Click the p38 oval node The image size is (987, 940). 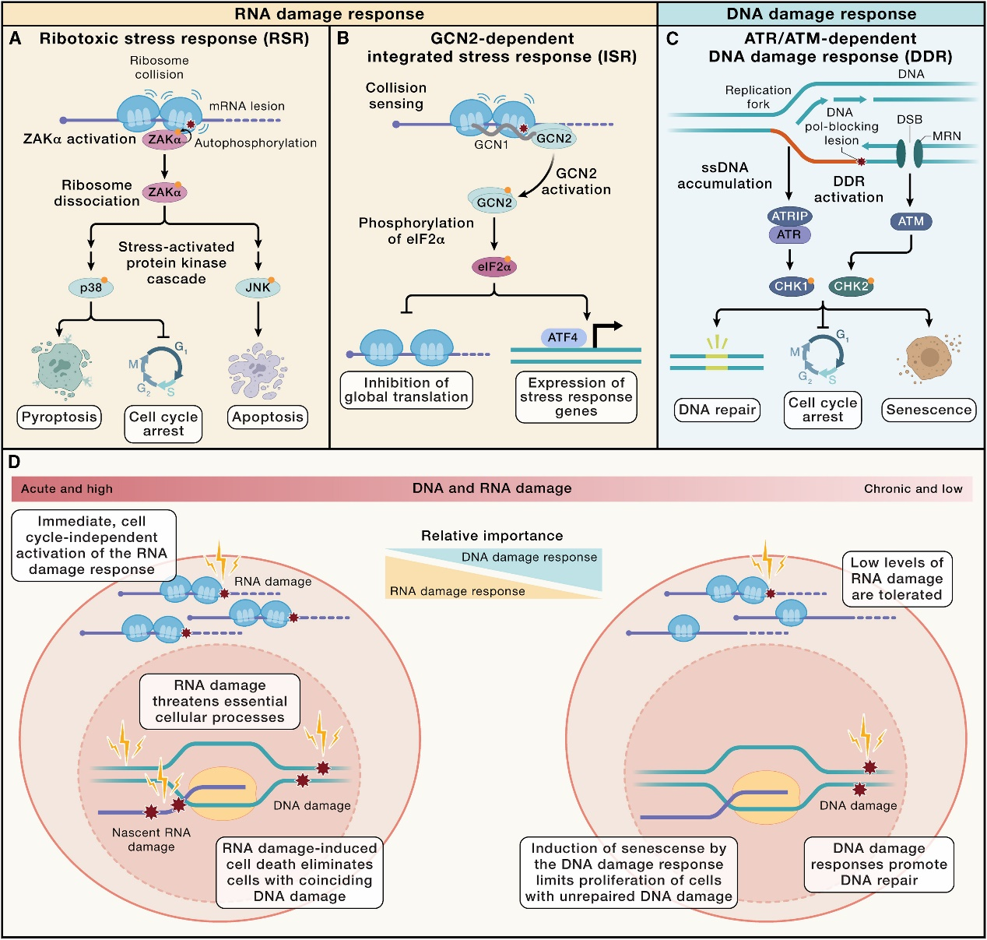(91, 288)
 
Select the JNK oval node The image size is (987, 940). (258, 288)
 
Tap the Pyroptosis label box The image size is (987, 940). (59, 417)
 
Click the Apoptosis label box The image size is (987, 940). (267, 417)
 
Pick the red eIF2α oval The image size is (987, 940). (494, 267)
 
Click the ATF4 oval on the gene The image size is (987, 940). (563, 337)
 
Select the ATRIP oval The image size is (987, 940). (789, 216)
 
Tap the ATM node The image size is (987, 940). (911, 221)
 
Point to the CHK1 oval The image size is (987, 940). (790, 286)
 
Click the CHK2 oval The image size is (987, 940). (851, 286)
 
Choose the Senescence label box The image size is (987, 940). (929, 410)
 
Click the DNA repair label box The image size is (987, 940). (717, 410)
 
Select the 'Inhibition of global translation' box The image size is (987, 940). (406, 389)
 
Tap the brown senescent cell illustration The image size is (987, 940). (929, 358)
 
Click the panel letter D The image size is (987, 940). (14, 463)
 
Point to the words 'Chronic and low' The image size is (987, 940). (912, 489)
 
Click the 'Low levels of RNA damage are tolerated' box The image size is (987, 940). (897, 579)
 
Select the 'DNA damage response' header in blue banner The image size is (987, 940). (821, 14)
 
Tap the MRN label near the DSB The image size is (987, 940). (947, 136)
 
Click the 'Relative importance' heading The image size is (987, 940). (492, 536)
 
